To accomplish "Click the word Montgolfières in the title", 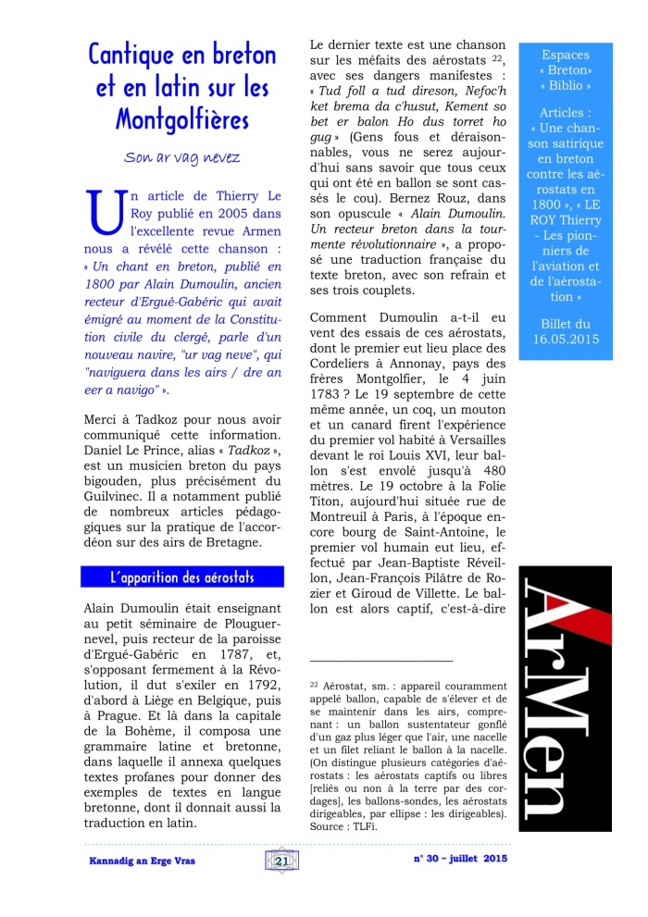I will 181,120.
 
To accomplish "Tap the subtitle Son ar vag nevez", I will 181,157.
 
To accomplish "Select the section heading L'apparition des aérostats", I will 181,577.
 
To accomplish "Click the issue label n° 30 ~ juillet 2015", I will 460,860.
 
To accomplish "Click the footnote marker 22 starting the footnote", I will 314,683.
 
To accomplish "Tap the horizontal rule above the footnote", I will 381,661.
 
